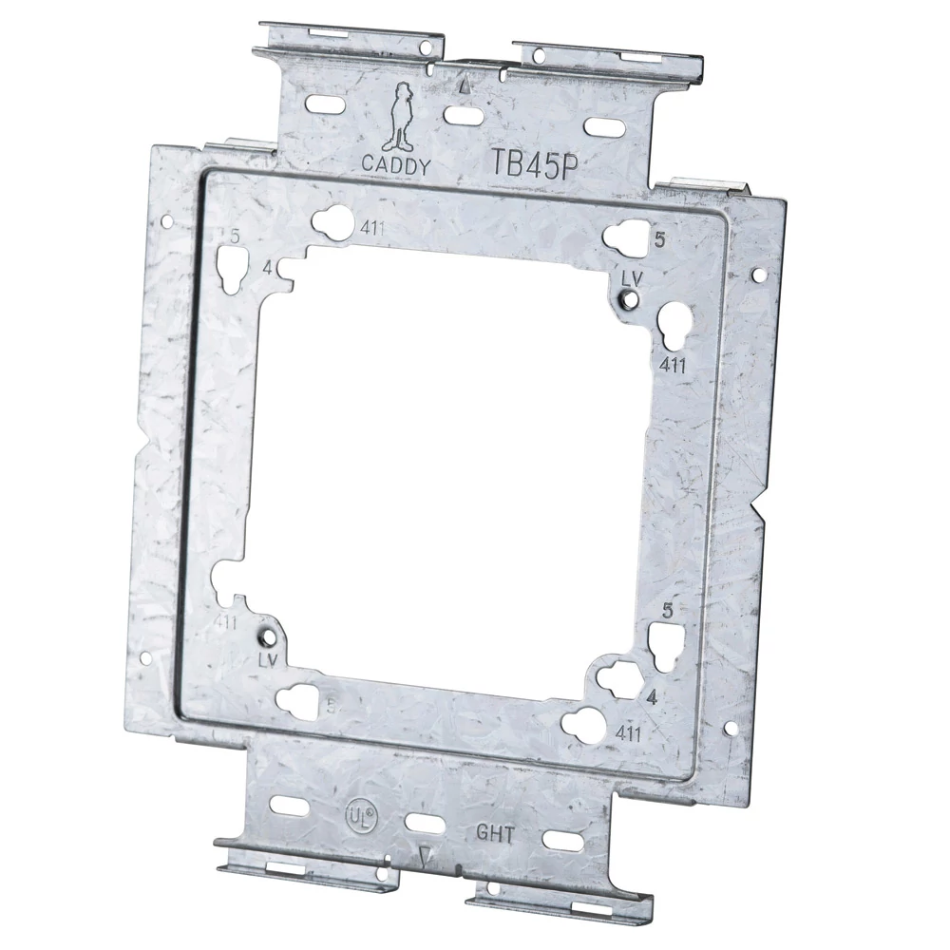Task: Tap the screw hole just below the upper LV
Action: click(x=628, y=302)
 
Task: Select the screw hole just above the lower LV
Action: click(x=269, y=630)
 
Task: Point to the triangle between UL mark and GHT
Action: click(x=424, y=857)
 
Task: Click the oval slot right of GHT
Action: click(x=558, y=841)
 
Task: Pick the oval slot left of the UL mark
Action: click(x=285, y=806)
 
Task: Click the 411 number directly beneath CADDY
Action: click(x=372, y=228)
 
